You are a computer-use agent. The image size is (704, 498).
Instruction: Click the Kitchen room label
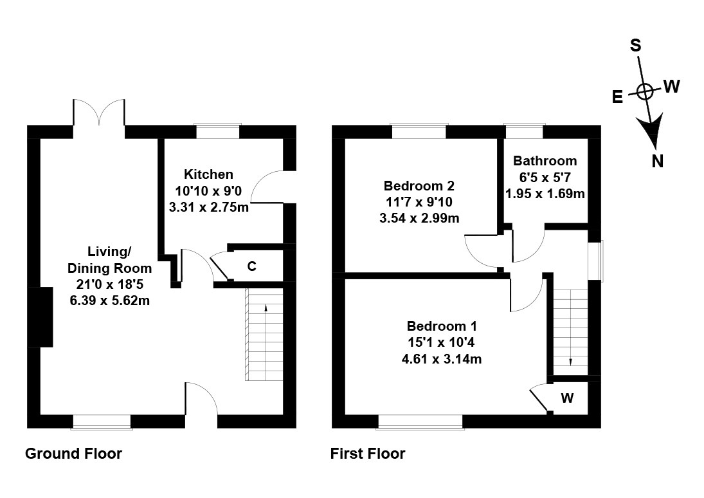[208, 174]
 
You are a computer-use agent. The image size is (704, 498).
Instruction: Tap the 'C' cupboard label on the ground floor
[252, 266]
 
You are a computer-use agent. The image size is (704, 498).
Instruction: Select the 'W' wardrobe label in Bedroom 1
[568, 398]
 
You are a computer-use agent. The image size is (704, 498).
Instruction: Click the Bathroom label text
[545, 161]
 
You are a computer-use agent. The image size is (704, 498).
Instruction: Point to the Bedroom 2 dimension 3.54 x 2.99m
[419, 218]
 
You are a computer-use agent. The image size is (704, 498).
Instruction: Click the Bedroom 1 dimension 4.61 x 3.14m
[442, 359]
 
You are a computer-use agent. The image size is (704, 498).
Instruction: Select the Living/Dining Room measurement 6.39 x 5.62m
[109, 300]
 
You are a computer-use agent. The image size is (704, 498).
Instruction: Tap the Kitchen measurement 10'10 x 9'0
[208, 191]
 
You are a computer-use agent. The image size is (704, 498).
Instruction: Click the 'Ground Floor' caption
[74, 454]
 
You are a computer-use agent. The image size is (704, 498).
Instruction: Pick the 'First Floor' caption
[368, 454]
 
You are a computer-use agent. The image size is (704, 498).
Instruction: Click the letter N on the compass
[658, 160]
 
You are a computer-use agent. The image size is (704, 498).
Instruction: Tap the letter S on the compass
[636, 45]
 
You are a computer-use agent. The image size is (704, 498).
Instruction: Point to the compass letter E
[618, 97]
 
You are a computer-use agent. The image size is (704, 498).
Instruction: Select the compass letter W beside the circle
[672, 86]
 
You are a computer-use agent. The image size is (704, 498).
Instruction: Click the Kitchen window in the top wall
[218, 131]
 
